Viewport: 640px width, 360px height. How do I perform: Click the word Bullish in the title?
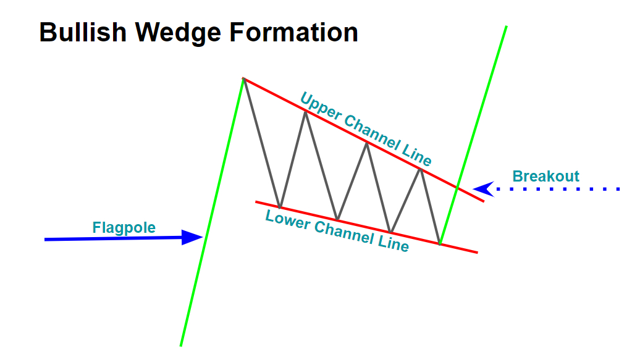(x=83, y=32)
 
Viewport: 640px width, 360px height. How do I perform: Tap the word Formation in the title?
(x=294, y=32)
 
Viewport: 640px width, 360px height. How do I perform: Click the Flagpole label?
(x=124, y=227)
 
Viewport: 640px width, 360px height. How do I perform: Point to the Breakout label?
(x=545, y=177)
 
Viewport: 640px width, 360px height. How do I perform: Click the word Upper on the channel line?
(x=320, y=107)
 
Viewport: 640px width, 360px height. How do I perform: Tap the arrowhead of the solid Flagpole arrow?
(x=193, y=237)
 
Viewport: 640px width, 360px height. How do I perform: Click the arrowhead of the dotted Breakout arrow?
(x=484, y=189)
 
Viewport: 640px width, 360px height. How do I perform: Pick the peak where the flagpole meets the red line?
(x=243, y=78)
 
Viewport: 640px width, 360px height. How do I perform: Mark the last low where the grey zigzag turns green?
(x=440, y=244)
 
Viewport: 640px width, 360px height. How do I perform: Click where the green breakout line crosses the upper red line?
(x=458, y=188)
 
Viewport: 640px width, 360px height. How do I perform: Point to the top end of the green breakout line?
(x=507, y=26)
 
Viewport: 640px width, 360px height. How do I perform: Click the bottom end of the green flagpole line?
(x=181, y=346)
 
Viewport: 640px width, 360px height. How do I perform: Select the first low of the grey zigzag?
(x=280, y=207)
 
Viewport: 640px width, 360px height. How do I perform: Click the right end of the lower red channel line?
(x=478, y=253)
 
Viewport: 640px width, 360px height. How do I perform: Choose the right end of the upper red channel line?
(x=484, y=201)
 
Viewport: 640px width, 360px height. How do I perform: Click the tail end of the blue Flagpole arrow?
(x=45, y=240)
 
